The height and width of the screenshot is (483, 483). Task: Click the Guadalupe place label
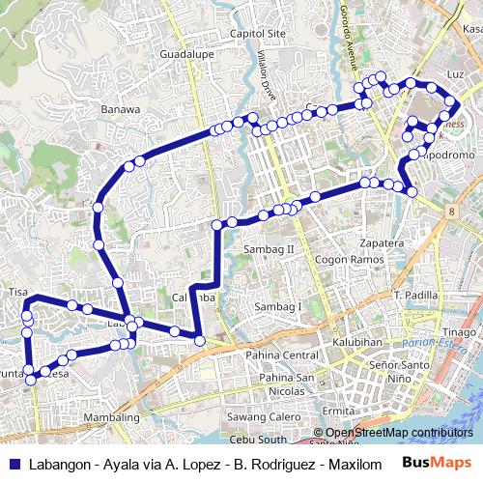click(187, 53)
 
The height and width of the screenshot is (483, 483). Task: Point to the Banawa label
click(121, 109)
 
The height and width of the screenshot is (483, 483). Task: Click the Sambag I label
click(278, 306)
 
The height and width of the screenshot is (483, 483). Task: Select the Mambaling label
click(113, 417)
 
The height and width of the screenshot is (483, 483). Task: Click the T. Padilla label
click(416, 294)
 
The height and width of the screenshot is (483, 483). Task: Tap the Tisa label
click(17, 291)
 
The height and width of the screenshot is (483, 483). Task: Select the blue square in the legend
click(14, 464)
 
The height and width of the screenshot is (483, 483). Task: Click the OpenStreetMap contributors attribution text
click(399, 433)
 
